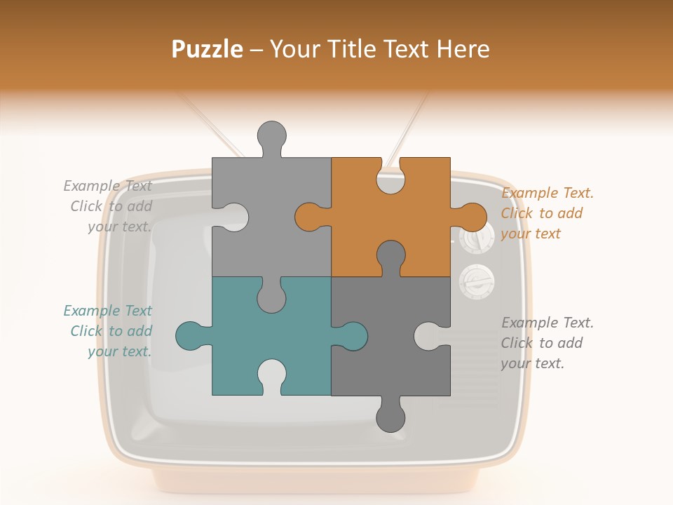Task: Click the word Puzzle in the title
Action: pyautogui.click(x=208, y=49)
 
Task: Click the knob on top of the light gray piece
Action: pyautogui.click(x=271, y=135)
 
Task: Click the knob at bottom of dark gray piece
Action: pyautogui.click(x=390, y=417)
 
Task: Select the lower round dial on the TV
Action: pyautogui.click(x=477, y=282)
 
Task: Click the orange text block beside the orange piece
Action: pyautogui.click(x=546, y=213)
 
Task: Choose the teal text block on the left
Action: pyautogui.click(x=109, y=331)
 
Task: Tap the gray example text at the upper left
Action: pyautogui.click(x=109, y=206)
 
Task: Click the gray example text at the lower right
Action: pyautogui.click(x=546, y=343)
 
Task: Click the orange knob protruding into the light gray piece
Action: pyautogui.click(x=308, y=217)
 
